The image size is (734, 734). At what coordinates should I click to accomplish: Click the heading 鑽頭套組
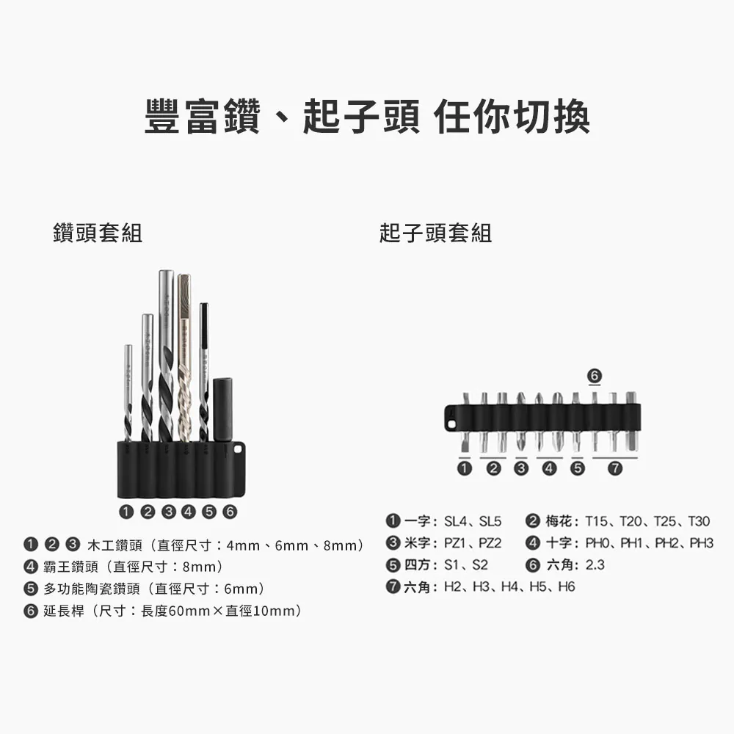(x=98, y=233)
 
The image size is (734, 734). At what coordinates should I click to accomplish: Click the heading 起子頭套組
(x=436, y=233)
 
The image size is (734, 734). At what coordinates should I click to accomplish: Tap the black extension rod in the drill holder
(x=223, y=410)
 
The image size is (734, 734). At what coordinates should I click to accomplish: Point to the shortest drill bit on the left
(x=128, y=393)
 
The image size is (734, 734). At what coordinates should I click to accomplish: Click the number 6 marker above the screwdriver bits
(x=595, y=376)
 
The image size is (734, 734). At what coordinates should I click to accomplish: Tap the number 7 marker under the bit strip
(x=615, y=468)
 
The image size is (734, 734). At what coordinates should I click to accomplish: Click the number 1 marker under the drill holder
(x=126, y=512)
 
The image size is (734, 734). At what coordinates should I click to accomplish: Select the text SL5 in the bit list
(x=490, y=521)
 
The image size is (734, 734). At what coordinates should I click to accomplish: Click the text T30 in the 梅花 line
(x=699, y=521)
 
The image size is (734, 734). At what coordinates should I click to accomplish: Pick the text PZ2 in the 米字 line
(x=490, y=543)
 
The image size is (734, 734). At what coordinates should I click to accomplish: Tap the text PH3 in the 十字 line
(x=701, y=543)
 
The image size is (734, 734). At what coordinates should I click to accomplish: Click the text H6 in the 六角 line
(x=567, y=586)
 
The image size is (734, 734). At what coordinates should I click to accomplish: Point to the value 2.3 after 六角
(x=595, y=565)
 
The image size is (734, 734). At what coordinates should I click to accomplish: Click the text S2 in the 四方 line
(x=480, y=565)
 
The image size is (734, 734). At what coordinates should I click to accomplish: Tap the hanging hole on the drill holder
(x=239, y=450)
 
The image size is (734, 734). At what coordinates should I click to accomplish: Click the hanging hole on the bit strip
(x=451, y=424)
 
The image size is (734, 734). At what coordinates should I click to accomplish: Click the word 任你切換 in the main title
(x=512, y=117)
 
